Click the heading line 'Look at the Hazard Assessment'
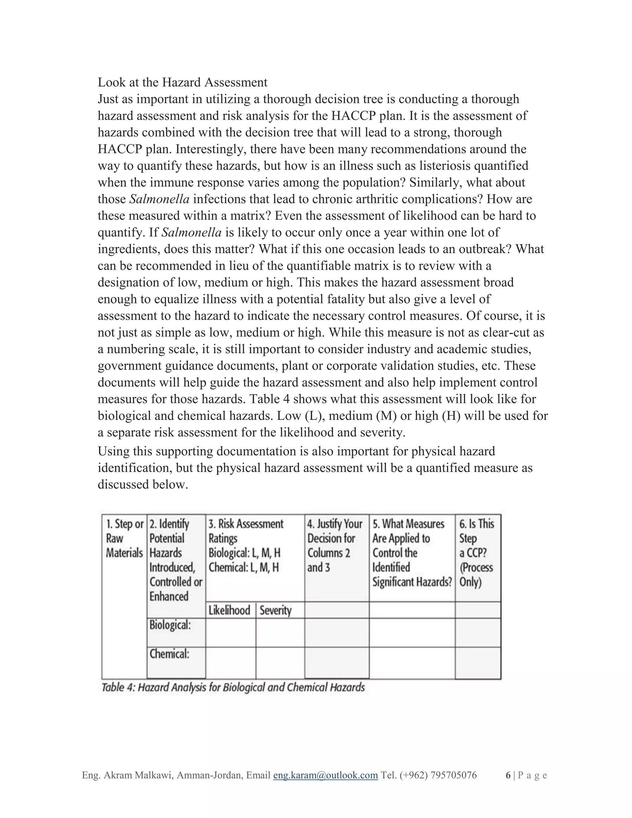(182, 82)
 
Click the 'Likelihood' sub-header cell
(229, 611)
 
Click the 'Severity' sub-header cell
(276, 611)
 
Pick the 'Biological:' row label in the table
(170, 625)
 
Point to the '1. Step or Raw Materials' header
(124, 538)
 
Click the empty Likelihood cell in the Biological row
(231, 632)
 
